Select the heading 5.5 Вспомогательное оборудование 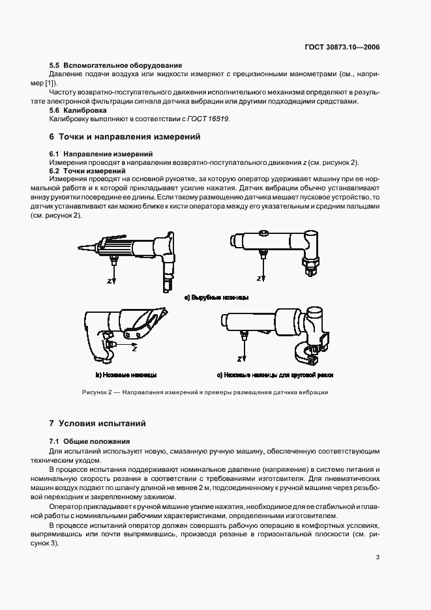(x=115, y=65)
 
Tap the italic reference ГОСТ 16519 (x=211, y=119)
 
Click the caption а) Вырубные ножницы (x=216, y=298)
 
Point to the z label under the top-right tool (x=260, y=278)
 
